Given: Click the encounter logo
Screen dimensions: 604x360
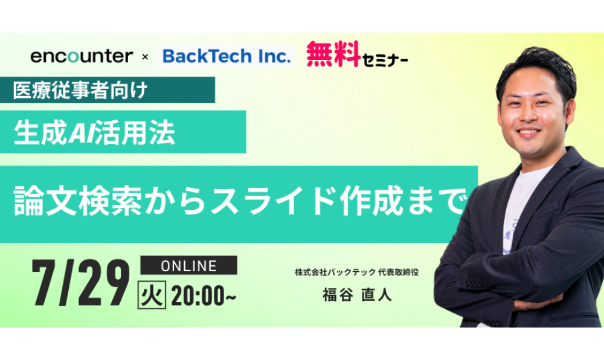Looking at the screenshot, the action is coord(82,56).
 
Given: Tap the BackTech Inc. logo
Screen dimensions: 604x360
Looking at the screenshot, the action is coord(226,56).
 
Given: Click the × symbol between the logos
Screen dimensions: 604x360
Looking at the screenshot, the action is coord(145,57).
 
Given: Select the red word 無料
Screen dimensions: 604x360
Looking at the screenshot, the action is coord(333,54).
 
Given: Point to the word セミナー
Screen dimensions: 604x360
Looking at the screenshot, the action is coord(385,60).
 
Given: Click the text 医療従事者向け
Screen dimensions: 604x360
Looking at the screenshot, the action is coord(80,90).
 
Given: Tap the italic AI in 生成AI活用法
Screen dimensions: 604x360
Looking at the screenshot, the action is coord(82,133).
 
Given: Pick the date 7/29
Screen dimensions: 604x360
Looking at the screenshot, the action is coord(81,282).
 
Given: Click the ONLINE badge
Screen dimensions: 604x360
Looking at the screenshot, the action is coord(188,265).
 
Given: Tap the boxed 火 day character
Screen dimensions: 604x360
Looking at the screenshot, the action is coord(152,295).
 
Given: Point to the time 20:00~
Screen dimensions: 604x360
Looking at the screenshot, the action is coord(204,295).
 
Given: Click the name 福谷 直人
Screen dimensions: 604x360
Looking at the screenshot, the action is coord(357,295).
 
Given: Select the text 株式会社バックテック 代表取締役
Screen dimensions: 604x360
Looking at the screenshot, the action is coord(357,272).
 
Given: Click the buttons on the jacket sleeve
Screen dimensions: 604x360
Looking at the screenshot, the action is coord(474,283).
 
